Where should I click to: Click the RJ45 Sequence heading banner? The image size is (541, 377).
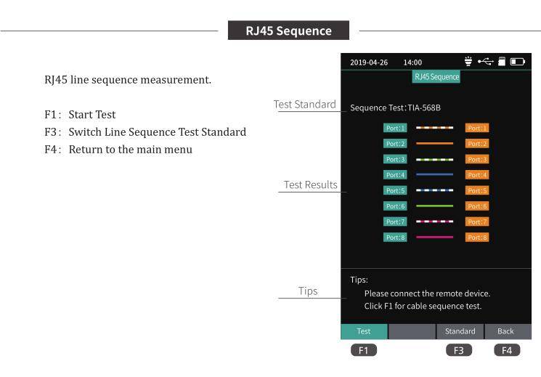(x=288, y=31)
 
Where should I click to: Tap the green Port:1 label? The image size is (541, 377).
(x=395, y=128)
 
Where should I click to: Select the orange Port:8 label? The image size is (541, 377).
(x=477, y=238)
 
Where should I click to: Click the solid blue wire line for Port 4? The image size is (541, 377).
(x=434, y=174)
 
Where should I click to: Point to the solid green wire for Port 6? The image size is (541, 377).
(x=434, y=206)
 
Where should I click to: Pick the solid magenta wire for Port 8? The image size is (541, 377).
(x=434, y=238)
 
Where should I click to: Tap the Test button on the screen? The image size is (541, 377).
(x=364, y=331)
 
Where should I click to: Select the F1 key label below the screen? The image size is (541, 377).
(x=364, y=350)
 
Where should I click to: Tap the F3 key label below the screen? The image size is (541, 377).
(x=459, y=350)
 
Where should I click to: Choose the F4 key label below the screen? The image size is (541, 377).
(x=507, y=350)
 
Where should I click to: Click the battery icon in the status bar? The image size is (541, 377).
(x=518, y=62)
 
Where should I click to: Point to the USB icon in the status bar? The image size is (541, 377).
(x=486, y=62)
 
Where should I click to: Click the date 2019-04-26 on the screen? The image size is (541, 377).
(x=369, y=62)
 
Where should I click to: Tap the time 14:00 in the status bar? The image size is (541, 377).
(x=412, y=62)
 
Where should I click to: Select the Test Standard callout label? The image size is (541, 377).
(x=305, y=105)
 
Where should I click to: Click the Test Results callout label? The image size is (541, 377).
(x=311, y=185)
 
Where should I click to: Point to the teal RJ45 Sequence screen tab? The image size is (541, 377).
(x=436, y=77)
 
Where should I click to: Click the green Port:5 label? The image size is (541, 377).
(x=395, y=190)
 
